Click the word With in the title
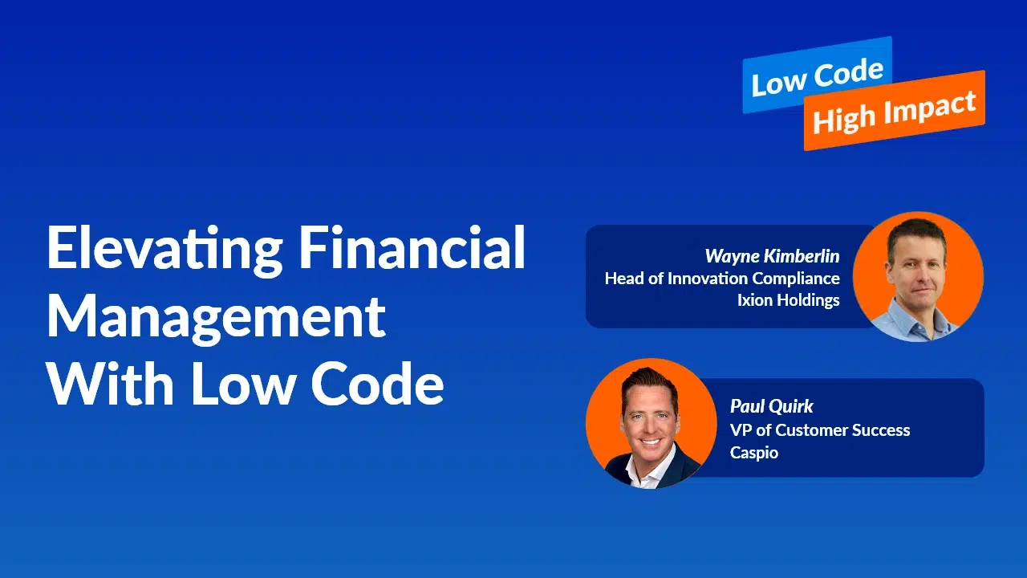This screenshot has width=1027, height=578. click(x=110, y=383)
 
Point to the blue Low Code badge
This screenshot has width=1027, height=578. click(x=817, y=75)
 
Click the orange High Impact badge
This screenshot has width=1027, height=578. click(x=895, y=111)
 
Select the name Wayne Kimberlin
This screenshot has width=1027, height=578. click(x=772, y=256)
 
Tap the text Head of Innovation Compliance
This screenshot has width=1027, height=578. click(x=722, y=279)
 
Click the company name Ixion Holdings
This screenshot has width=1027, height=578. click(x=789, y=300)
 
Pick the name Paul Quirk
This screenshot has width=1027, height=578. click(x=771, y=406)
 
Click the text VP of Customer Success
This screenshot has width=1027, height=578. click(x=820, y=430)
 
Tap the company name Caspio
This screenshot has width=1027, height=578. click(x=753, y=454)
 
